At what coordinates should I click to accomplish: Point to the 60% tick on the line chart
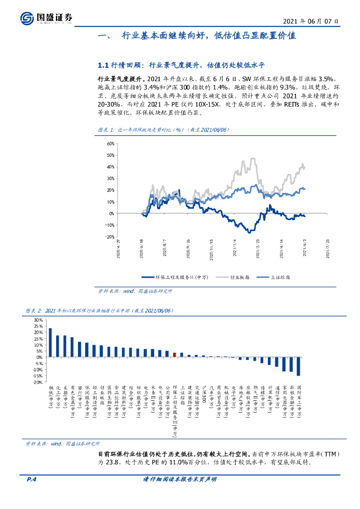[x=110, y=143]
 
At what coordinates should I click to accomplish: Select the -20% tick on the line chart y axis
[x=110, y=237]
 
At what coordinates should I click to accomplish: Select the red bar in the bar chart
[x=175, y=354]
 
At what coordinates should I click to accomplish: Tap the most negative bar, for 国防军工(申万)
[x=298, y=366]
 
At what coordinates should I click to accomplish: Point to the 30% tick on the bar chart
[x=38, y=320]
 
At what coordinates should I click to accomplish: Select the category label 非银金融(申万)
[x=291, y=397]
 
